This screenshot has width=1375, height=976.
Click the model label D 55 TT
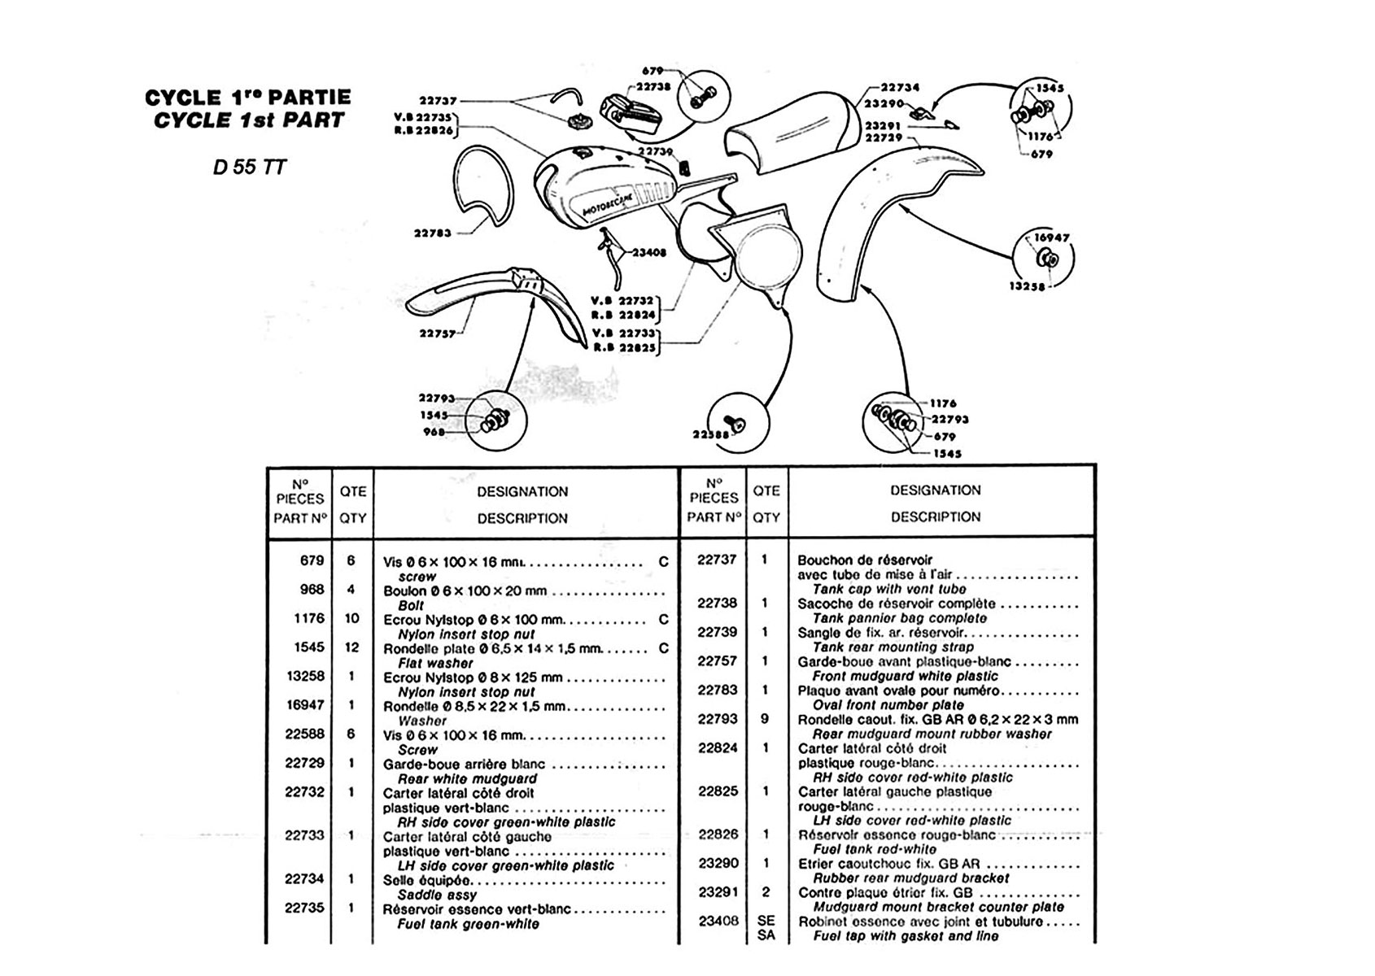tap(250, 167)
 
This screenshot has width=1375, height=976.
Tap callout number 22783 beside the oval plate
tap(432, 233)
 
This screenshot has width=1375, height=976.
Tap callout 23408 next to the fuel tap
tap(648, 253)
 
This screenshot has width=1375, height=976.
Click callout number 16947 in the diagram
tap(1051, 237)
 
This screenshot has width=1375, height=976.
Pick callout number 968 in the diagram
tap(434, 432)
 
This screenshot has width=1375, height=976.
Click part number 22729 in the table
tap(305, 763)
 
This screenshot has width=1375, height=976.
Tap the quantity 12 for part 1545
tap(352, 647)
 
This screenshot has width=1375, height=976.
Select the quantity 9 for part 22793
tap(766, 719)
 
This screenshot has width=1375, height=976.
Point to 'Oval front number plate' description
tap(888, 705)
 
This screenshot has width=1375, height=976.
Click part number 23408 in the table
tap(718, 921)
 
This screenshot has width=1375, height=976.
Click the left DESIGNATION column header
tap(522, 492)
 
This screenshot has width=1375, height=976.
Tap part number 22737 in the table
tap(718, 560)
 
